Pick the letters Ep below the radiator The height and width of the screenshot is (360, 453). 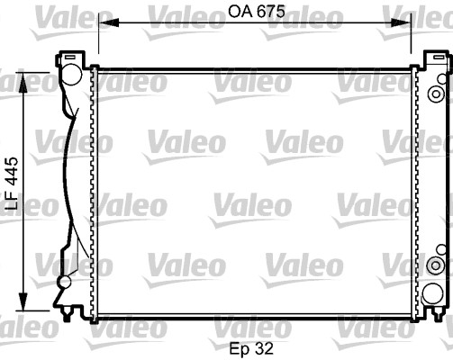coord(238,346)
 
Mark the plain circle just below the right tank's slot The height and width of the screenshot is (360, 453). coord(439,79)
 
